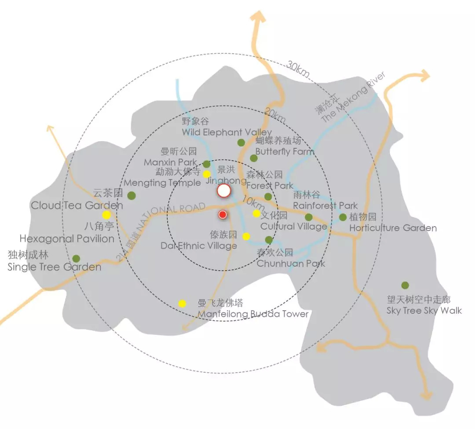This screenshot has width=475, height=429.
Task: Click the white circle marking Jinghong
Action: [224, 191]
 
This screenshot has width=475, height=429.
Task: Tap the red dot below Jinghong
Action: [223, 215]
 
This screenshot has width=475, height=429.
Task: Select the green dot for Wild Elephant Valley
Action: [241, 143]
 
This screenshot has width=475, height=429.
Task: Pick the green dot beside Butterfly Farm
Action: [253, 158]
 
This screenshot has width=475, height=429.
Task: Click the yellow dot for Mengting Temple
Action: [207, 174]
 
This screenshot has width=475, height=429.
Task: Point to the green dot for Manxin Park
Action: [207, 164]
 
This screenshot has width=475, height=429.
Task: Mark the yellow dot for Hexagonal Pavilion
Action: [106, 215]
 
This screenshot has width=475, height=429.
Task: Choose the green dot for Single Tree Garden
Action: [76, 259]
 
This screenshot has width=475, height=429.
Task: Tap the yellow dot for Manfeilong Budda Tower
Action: [182, 303]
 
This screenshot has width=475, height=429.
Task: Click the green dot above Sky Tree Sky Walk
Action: [405, 285]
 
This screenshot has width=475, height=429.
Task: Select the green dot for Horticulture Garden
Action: [343, 217]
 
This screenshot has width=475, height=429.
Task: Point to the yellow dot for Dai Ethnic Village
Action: [246, 236]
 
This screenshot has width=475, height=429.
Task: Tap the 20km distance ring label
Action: [275, 116]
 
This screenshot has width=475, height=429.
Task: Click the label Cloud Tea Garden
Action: [77, 205]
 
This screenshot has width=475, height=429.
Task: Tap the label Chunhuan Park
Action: [291, 264]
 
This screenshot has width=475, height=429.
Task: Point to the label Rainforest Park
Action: [325, 205]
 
